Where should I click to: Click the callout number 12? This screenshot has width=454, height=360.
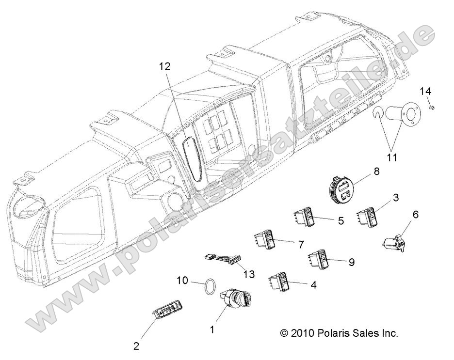coord(165,66)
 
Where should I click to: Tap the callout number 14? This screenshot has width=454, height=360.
coord(425,91)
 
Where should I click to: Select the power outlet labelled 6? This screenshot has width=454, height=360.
coord(394,241)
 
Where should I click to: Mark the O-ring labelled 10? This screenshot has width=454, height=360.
coord(208,286)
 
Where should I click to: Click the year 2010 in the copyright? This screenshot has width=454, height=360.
coord(303,333)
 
